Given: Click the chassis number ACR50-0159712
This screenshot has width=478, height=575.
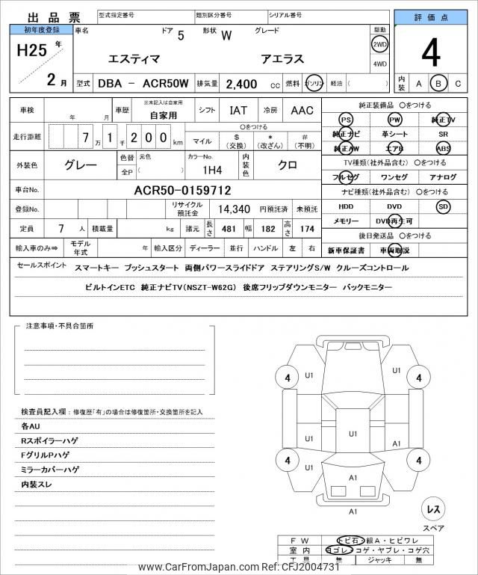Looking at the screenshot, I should [x=182, y=191].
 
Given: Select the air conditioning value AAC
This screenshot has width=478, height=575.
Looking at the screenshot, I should [x=302, y=111].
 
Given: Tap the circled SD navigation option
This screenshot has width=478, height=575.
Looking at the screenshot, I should [x=443, y=206].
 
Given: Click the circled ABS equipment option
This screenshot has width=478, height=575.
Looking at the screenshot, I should [x=443, y=148].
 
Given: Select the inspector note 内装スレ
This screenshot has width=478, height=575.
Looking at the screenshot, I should [x=38, y=485].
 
